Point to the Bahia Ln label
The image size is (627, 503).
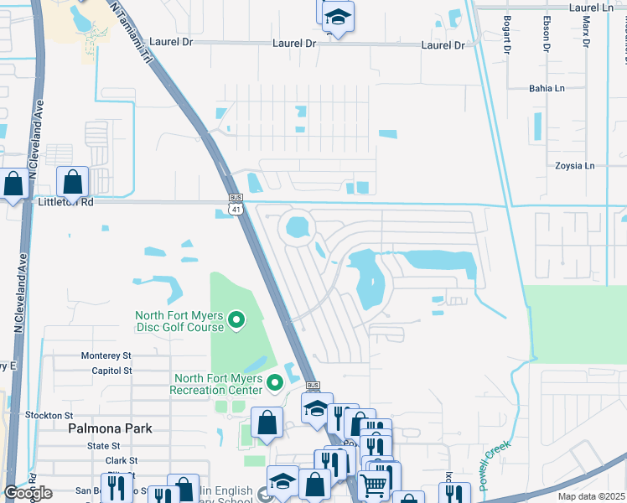(547, 88)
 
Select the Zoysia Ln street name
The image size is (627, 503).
(574, 166)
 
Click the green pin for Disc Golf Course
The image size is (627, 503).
(236, 319)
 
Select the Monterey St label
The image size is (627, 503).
(106, 356)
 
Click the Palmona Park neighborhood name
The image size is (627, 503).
(110, 428)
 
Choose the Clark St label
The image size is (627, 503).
(122, 461)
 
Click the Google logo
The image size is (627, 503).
(28, 493)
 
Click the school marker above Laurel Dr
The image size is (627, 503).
(337, 17)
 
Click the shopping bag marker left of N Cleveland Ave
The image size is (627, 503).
(13, 183)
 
